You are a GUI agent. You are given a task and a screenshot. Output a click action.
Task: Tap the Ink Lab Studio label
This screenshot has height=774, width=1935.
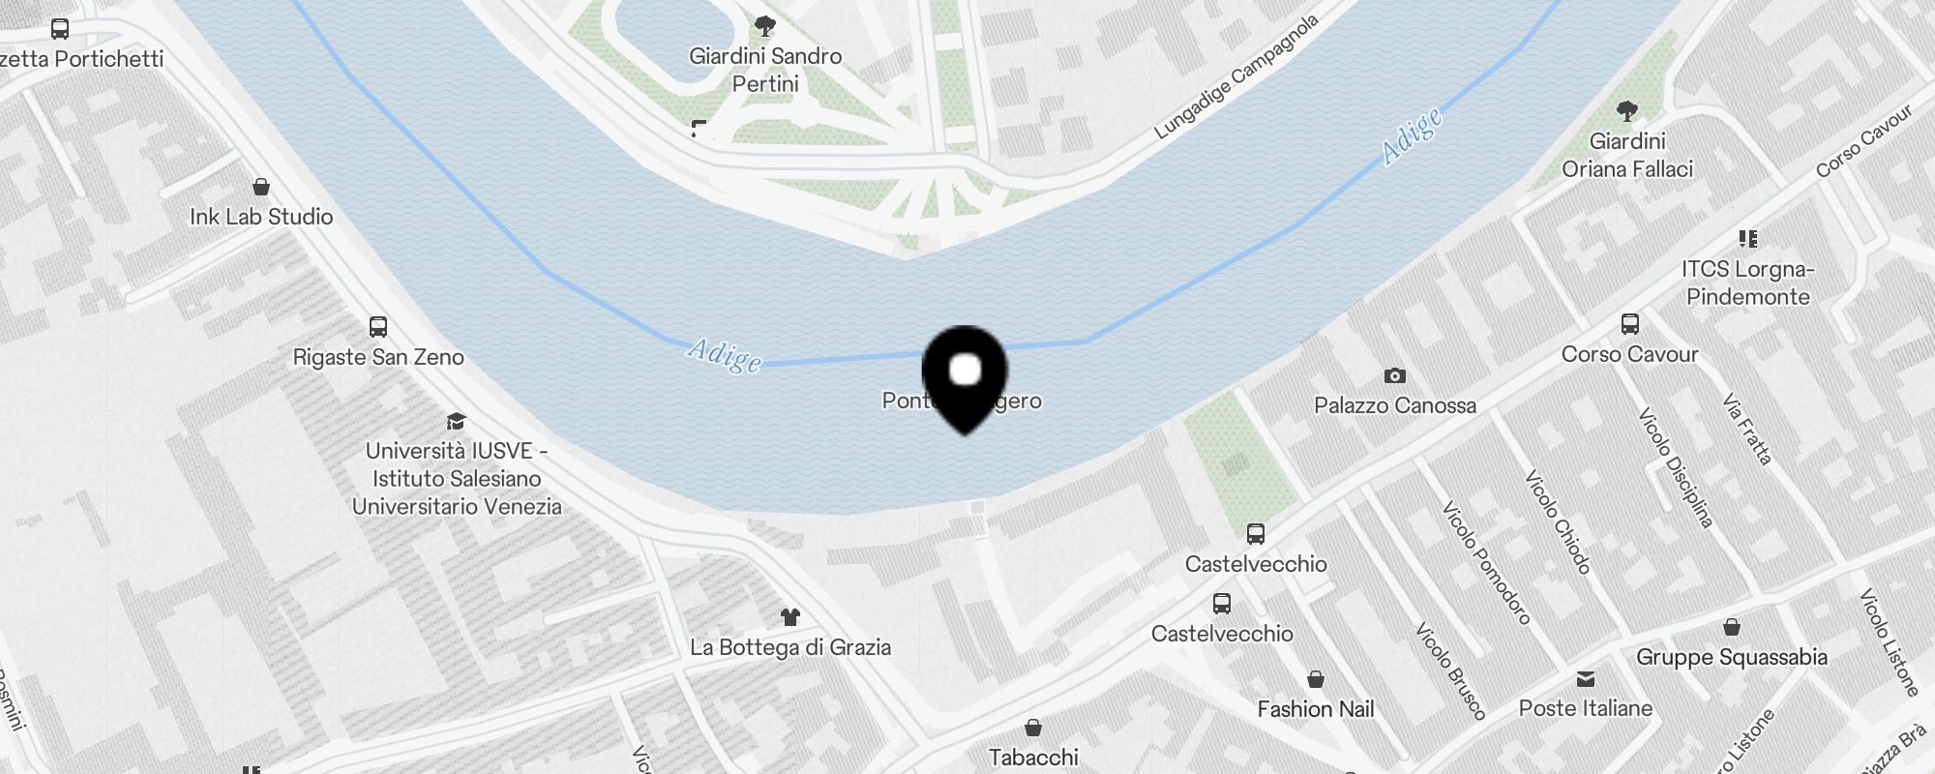tap(261, 217)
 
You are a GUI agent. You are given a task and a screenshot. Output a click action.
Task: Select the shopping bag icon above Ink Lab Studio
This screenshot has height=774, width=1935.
tap(261, 187)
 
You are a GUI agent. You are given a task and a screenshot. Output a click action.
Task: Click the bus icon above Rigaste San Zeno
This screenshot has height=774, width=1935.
tap(378, 327)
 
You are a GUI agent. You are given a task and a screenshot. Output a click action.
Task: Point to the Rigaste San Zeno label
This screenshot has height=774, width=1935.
tap(378, 357)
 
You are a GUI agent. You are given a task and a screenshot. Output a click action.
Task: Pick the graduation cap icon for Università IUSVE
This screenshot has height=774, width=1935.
tap(456, 421)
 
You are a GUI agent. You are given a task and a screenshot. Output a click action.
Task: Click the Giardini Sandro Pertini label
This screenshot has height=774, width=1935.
tap(765, 70)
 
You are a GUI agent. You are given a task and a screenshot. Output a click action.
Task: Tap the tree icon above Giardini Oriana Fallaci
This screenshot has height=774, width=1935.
tap(1627, 111)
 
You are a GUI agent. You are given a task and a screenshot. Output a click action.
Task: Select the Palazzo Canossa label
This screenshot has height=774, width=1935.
tap(1395, 405)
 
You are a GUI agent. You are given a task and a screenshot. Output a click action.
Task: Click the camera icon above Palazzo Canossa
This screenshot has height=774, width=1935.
tap(1394, 375)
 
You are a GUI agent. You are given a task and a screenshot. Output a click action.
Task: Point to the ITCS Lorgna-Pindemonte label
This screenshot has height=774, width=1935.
tap(1747, 283)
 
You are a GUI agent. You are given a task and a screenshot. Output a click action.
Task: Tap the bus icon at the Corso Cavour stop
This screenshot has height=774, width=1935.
tap(1630, 324)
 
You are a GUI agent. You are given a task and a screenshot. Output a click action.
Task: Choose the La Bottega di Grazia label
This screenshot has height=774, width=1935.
tap(790, 647)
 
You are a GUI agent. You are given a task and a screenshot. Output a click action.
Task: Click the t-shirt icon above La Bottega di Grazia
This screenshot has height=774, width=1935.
tap(790, 617)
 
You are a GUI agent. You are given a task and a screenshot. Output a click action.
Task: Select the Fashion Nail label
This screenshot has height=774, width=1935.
tap(1316, 709)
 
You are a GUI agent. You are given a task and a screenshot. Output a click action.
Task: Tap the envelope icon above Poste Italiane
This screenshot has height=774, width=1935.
tap(1586, 678)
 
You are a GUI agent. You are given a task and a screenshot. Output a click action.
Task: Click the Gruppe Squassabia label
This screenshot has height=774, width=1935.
tap(1732, 657)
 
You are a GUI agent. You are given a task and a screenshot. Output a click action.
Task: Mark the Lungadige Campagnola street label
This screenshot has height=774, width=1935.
tap(1237, 76)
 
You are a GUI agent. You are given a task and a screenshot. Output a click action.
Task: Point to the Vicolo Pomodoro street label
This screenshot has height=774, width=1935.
tap(1486, 562)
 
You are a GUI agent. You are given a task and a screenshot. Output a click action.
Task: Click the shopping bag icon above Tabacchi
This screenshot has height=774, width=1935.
tap(1033, 728)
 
